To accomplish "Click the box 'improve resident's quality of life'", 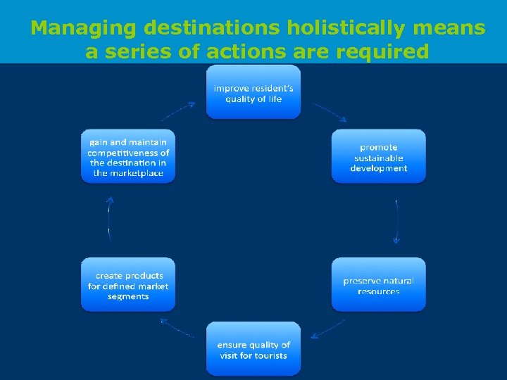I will click(x=254, y=93).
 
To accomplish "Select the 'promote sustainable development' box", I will click(x=379, y=157).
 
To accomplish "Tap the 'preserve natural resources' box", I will click(x=379, y=285).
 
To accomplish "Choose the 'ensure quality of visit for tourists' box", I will click(x=254, y=350).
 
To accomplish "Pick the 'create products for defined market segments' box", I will click(x=128, y=285).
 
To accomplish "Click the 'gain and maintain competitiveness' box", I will click(x=128, y=157).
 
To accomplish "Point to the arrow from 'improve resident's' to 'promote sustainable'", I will click(x=330, y=113).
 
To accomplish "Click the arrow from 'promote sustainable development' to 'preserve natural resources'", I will click(x=397, y=222).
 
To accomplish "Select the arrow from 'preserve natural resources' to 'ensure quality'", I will click(x=327, y=329).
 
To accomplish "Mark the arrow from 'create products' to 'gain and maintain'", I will click(x=110, y=220).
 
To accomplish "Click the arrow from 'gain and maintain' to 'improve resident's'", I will click(x=178, y=111).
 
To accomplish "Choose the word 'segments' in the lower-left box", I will click(x=128, y=296).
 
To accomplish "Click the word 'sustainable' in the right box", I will click(x=379, y=158).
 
